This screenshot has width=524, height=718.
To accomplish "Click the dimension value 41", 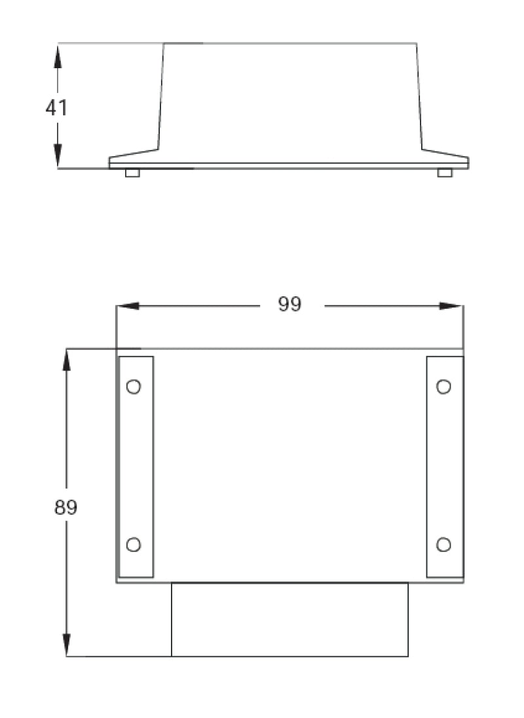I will click(x=56, y=108).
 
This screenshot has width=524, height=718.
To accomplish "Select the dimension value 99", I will click(x=290, y=305).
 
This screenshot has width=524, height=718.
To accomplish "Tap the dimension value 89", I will click(x=65, y=508).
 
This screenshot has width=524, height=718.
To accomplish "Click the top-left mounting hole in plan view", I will click(x=134, y=387).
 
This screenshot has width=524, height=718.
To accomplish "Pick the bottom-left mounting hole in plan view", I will click(x=134, y=544).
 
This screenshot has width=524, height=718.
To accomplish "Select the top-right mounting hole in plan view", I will click(x=443, y=387).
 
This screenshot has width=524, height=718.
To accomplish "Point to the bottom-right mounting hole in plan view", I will click(x=443, y=544).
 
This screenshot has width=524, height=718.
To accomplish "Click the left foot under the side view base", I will click(x=132, y=173).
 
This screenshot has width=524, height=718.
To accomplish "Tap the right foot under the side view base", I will click(x=445, y=173).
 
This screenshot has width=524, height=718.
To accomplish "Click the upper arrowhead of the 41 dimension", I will click(x=58, y=56).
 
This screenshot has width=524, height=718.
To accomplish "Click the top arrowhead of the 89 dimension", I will click(x=66, y=361).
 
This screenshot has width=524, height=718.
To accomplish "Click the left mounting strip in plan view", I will click(x=136, y=467).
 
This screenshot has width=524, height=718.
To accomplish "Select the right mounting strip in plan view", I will click(x=445, y=467).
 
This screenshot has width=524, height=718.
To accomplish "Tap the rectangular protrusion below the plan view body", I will click(x=290, y=620).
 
